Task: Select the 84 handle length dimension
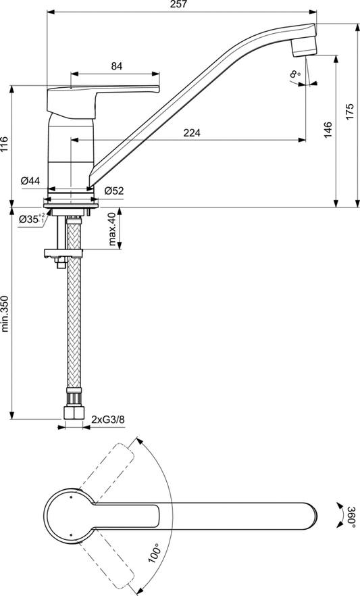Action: click(117, 66)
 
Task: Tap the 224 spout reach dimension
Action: click(191, 133)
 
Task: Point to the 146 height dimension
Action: click(328, 129)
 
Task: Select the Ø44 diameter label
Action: click(30, 180)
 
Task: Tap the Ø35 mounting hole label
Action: click(30, 219)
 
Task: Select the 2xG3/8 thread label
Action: click(108, 420)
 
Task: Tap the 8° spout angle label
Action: click(294, 74)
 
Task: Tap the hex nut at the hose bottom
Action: click(72, 412)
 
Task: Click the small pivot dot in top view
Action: click(69, 498)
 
